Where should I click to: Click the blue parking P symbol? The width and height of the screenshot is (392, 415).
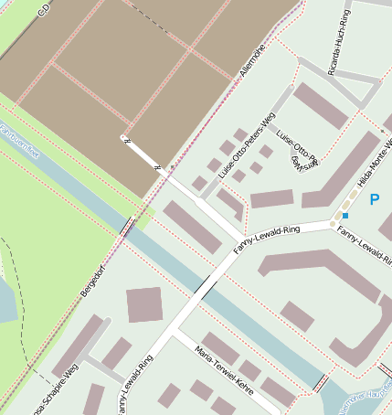(x=374, y=198)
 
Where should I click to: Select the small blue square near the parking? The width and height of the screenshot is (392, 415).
(x=345, y=216)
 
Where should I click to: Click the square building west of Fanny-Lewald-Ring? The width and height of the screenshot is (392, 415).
(x=144, y=304)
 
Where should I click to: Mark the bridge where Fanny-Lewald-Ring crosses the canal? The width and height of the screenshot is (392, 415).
(x=206, y=286)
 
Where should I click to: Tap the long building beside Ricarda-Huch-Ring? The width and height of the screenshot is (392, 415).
(x=321, y=105)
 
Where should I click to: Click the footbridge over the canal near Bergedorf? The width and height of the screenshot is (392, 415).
(x=128, y=226)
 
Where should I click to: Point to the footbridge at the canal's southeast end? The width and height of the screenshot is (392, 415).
(x=321, y=381)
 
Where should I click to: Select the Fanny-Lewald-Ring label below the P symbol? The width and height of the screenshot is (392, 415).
(x=365, y=240)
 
